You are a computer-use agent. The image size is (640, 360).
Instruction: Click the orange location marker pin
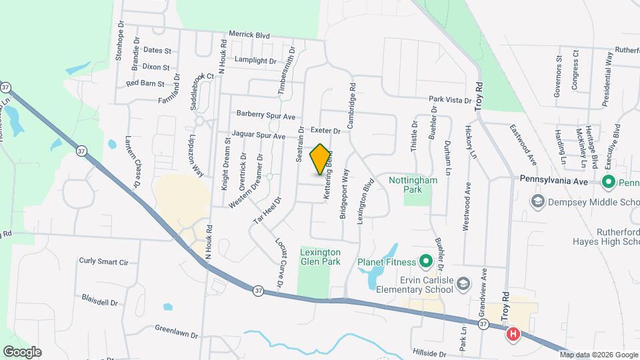[x=321, y=159]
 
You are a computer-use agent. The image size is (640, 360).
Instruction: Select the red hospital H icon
[x=513, y=334]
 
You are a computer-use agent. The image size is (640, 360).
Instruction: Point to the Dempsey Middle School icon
[x=537, y=201]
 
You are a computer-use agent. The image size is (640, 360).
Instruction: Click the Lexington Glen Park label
[x=321, y=257]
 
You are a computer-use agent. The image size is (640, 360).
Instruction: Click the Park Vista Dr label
[x=450, y=99]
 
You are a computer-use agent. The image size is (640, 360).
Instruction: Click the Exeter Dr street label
[x=326, y=131]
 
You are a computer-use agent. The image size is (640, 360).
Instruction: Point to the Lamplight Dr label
[x=251, y=61]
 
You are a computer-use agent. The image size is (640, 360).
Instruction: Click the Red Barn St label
[x=145, y=83]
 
